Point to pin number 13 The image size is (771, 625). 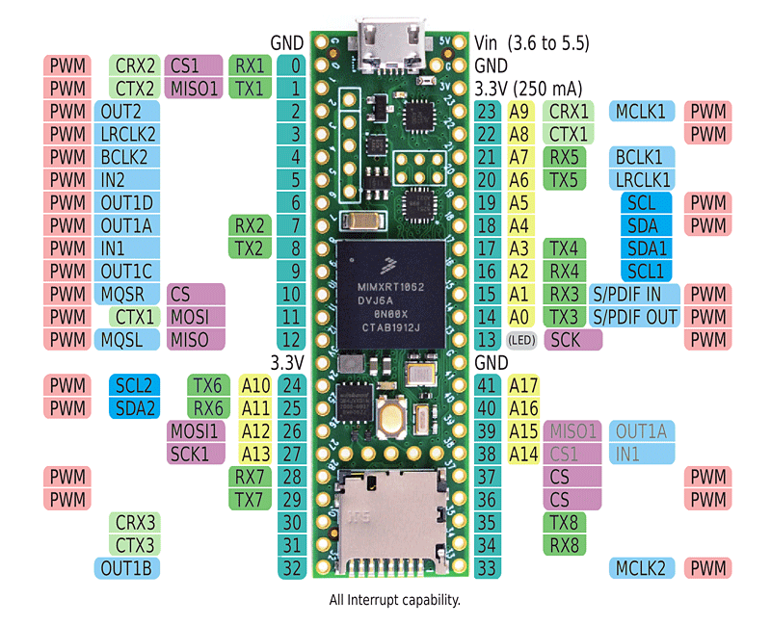[x=487, y=340]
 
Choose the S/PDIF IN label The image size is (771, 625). [x=634, y=294]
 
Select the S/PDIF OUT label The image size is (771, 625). [x=634, y=317]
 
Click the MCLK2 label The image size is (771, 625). [x=642, y=568]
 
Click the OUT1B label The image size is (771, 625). [x=126, y=568]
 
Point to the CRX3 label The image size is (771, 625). [x=135, y=523]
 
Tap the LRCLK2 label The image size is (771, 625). [x=127, y=134]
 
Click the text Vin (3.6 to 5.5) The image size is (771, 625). [x=533, y=43]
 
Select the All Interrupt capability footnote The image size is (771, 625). [x=394, y=600]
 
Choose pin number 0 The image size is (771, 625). [x=294, y=66]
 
